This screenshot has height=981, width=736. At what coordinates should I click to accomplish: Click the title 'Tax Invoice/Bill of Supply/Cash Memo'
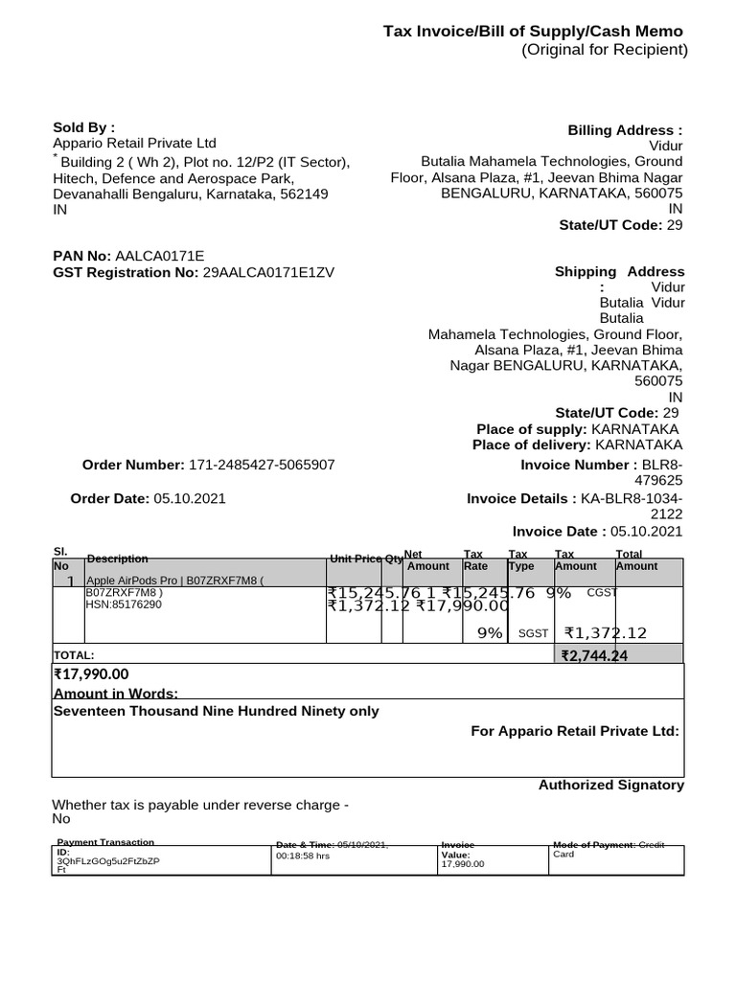coord(533,32)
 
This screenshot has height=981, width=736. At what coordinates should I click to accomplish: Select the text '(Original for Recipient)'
coord(604,51)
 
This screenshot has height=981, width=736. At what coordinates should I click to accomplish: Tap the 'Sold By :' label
coord(83,126)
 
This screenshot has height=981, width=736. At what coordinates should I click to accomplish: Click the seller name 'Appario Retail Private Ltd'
coord(134,143)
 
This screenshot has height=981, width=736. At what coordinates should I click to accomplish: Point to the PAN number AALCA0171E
coord(160,256)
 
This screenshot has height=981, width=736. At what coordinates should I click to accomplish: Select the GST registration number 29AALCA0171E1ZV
coord(268,272)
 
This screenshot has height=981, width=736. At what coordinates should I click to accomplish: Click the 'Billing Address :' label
coord(625,130)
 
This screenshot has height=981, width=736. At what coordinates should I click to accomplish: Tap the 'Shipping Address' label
coord(619,272)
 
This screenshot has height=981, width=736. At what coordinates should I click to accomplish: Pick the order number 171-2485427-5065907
coord(261,465)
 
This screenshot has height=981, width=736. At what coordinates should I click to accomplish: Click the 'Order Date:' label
coord(110,499)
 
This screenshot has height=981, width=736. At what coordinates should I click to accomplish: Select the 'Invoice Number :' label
coord(572,465)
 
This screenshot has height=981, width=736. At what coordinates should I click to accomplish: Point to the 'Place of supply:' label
coord(532,428)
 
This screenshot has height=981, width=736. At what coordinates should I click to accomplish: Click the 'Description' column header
coord(117,559)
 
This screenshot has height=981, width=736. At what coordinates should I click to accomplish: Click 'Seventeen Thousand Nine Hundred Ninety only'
coord(216,712)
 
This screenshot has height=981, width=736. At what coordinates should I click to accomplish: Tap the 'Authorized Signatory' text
coord(610,785)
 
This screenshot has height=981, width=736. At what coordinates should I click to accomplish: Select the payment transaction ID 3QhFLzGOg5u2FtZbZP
coord(108,860)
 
